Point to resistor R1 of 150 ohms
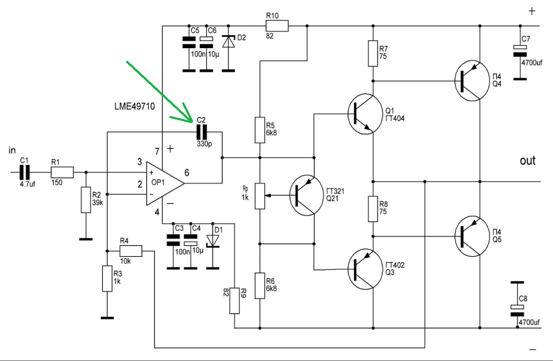click(62, 172)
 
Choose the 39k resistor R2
click(86, 200)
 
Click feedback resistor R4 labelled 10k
click(131, 251)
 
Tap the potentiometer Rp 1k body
click(260, 196)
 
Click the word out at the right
click(527, 161)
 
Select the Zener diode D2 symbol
click(228, 42)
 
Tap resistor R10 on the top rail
click(277, 26)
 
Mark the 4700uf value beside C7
click(531, 63)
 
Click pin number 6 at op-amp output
click(187, 173)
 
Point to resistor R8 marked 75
click(373, 209)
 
